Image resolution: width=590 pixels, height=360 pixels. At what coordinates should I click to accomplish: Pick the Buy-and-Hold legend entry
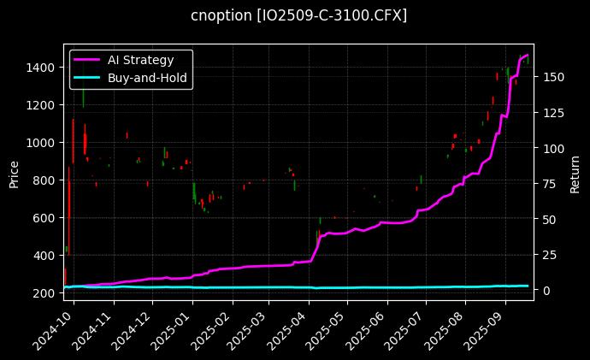[x=147, y=77]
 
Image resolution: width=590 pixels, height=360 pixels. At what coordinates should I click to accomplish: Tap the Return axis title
[x=575, y=174]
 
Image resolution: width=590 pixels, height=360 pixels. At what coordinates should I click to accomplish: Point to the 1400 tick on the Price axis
[x=41, y=67]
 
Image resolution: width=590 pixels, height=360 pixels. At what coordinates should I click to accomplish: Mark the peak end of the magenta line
[x=528, y=56]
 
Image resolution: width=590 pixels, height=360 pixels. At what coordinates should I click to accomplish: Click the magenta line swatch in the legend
[x=86, y=60]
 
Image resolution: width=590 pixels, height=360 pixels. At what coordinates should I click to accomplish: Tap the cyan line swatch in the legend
[x=86, y=77]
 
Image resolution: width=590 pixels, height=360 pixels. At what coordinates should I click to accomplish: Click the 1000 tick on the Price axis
[x=41, y=142]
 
